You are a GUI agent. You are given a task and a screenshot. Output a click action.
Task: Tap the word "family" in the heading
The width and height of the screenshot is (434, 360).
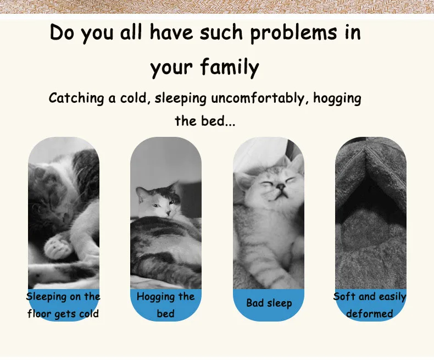230,67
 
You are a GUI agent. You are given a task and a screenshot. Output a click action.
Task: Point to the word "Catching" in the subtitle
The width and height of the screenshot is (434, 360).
76,99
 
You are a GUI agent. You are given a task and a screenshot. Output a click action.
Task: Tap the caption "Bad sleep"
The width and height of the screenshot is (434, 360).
269,303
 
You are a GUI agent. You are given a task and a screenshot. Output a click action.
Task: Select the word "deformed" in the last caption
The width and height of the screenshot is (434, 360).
370,313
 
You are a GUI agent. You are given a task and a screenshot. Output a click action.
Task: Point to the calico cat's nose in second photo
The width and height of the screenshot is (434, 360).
168,213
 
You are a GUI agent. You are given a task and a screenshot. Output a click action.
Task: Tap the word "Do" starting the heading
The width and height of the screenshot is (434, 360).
62,32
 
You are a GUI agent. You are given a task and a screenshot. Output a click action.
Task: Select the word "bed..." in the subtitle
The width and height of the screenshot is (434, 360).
218,121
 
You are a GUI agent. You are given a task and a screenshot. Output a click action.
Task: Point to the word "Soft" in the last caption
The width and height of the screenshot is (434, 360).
344,296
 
